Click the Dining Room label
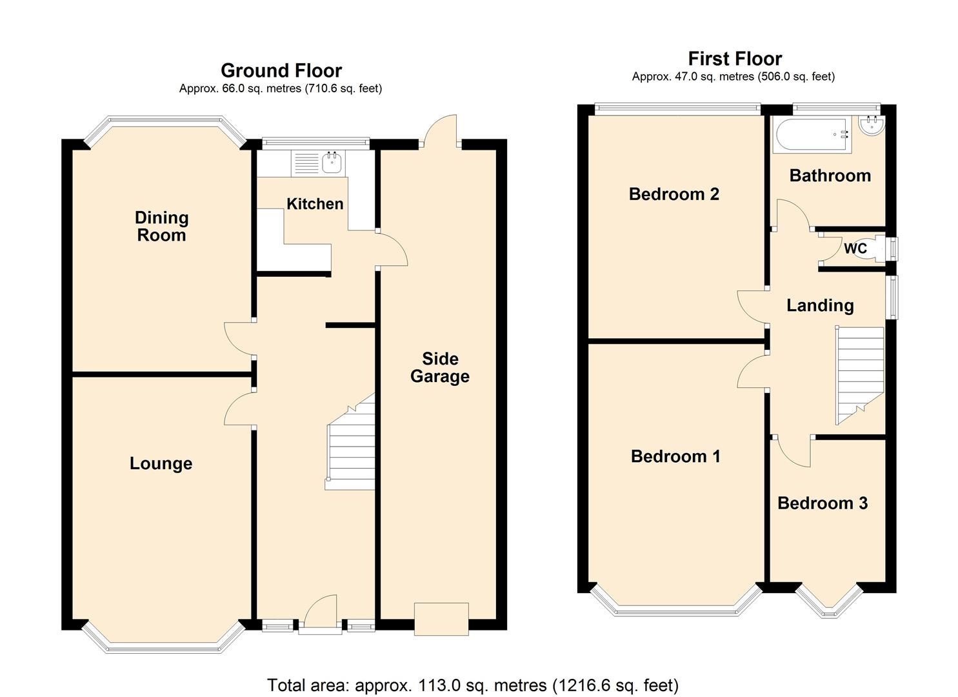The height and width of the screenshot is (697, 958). coord(161,226)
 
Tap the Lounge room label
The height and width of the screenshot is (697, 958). coord(161,463)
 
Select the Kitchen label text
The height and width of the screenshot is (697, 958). coord(315,204)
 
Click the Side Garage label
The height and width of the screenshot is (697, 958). coord(440,368)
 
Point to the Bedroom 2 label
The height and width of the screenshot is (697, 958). coord(674,194)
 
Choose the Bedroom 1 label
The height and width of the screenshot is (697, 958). coord(675,456)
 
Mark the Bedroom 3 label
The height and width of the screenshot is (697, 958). coord(822,503)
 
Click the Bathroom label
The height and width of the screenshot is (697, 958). coord(830,176)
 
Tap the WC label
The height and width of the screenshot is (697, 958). coord(855,248)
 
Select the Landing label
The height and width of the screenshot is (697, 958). coord(819,305)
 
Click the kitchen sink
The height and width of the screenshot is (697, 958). coord(332,163)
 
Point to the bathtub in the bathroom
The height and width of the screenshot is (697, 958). coord(812,136)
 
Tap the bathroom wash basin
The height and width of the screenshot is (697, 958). coord(872,126)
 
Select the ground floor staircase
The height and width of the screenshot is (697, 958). coord(352,445)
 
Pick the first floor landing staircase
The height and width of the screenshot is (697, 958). coord(859,374)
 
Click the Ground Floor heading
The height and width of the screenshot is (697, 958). coord(281,70)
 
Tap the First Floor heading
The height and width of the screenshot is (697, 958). coord(735,59)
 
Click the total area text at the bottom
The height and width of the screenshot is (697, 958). coord(473,685)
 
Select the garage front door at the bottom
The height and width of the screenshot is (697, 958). coord(441,618)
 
